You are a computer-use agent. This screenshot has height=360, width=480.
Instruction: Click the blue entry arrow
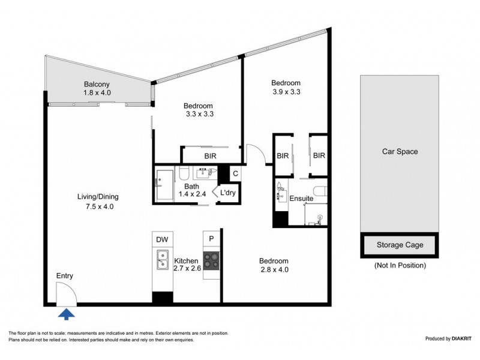[x=67, y=313]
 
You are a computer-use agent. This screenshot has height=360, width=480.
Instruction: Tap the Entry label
[x=65, y=275]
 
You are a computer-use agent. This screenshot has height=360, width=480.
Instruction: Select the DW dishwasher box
[x=162, y=239]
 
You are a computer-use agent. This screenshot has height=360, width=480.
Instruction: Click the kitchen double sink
[x=161, y=260]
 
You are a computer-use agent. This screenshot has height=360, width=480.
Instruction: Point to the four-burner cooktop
[x=211, y=260]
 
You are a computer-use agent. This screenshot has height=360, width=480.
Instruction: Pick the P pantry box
[x=211, y=239]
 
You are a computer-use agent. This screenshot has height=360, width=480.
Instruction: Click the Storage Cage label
[x=400, y=245]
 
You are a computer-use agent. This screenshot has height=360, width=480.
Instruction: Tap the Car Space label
[x=400, y=152]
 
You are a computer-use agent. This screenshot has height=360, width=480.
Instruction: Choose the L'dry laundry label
[x=227, y=193]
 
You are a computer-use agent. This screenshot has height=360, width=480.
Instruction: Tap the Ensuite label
[x=301, y=198]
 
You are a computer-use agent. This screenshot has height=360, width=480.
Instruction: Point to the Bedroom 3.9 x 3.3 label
[x=286, y=87]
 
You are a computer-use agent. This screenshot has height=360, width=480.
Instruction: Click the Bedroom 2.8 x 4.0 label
[x=274, y=265]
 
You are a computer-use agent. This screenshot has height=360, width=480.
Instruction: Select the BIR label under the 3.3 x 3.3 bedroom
[x=210, y=156]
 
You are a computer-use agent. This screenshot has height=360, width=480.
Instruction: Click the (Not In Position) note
[x=400, y=265]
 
